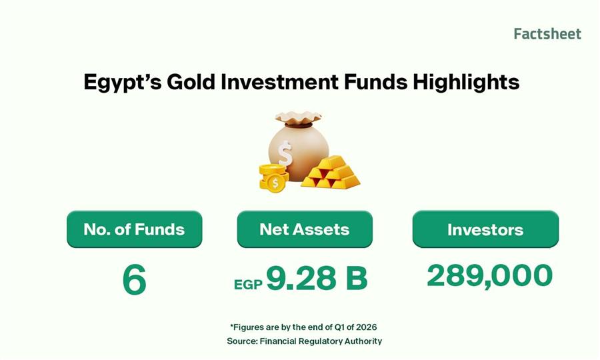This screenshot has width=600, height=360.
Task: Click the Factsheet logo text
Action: coord(547,34)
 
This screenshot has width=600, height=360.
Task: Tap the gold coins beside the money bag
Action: coord(271,179)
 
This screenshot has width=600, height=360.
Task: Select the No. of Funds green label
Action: coord(134,229)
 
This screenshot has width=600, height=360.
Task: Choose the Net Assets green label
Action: coord(305,229)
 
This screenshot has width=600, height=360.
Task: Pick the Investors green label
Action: coord(485,230)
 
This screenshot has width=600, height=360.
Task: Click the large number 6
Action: coord(134,280)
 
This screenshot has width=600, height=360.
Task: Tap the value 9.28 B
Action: coord(317,279)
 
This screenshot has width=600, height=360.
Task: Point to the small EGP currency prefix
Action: coord(248,285)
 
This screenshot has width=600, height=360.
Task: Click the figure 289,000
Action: coord(489,276)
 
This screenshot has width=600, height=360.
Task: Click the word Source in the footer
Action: coord(241,341)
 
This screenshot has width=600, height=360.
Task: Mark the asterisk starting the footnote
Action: coord(231,326)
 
